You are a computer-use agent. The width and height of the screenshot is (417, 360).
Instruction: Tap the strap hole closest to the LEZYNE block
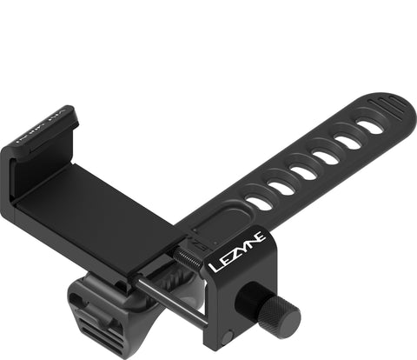tap(259, 202)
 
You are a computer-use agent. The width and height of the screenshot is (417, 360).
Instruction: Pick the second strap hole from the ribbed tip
tap(348, 141)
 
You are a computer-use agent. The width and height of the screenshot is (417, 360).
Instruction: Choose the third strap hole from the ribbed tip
tap(326, 157)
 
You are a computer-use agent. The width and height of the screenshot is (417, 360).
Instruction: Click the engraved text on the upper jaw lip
tap(55, 123)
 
